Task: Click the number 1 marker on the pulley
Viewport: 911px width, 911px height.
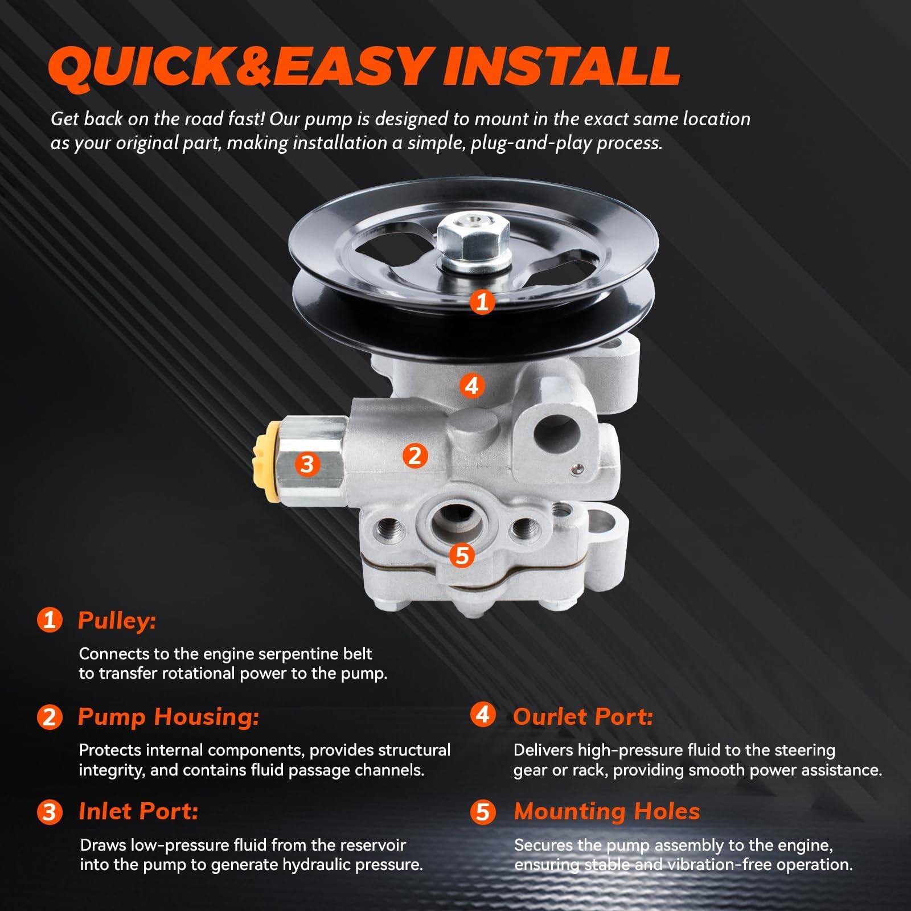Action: [482, 302]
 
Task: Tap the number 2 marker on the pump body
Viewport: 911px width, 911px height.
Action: [415, 455]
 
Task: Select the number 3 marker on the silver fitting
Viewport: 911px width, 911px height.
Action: [307, 464]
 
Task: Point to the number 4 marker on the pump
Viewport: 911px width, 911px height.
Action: [471, 386]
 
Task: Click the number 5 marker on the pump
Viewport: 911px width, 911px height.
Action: [462, 555]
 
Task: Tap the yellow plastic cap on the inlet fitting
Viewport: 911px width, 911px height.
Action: [265, 462]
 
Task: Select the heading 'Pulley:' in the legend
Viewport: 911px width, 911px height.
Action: [117, 621]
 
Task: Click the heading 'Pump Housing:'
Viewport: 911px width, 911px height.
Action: [169, 717]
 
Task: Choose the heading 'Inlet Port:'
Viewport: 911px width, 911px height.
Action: [138, 811]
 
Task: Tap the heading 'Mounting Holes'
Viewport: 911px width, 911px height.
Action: [607, 811]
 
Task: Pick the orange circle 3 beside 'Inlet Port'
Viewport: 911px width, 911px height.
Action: [50, 811]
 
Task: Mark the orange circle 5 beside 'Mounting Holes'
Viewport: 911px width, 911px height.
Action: [482, 811]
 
